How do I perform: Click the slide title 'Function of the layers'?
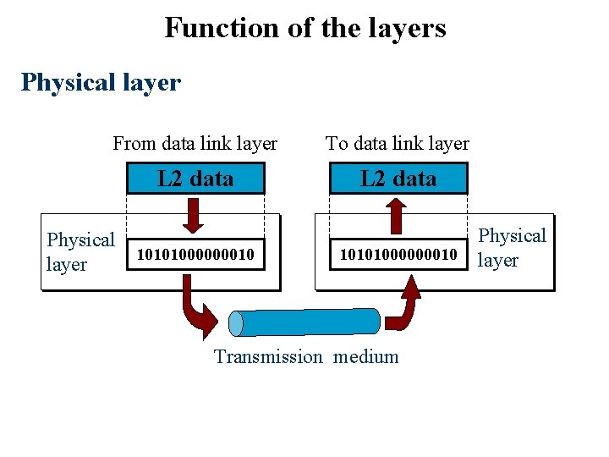[304, 28]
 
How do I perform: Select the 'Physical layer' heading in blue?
[101, 82]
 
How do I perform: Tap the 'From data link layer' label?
[195, 144]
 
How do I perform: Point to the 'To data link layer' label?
[398, 144]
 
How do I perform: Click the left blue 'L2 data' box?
[195, 179]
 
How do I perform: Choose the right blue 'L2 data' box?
[398, 179]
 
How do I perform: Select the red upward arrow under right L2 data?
[398, 214]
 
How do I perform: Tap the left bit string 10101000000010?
[195, 254]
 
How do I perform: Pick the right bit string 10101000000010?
[398, 254]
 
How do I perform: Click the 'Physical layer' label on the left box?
[80, 252]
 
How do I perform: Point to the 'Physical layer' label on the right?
[513, 247]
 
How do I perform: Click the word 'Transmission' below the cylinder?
[268, 357]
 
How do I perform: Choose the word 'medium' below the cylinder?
[365, 357]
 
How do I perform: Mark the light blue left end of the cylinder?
[237, 323]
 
